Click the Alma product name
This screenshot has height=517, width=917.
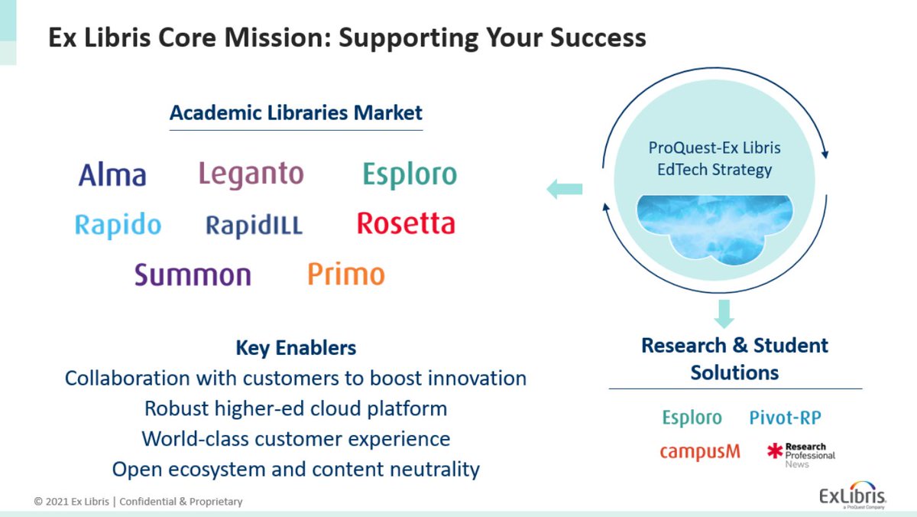click(x=112, y=175)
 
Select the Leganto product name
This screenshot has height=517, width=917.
click(x=251, y=174)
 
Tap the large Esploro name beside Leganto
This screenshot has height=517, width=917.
click(x=410, y=174)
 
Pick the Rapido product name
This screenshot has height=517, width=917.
click(x=118, y=225)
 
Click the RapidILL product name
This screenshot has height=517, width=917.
click(x=254, y=225)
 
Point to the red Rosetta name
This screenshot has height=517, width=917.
click(x=406, y=223)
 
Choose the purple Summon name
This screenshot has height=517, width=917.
click(x=193, y=275)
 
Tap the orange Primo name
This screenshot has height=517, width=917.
click(x=346, y=274)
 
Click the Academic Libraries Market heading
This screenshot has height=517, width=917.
click(x=296, y=113)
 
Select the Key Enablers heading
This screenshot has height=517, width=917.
click(x=296, y=348)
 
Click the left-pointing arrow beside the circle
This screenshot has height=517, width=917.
click(x=564, y=190)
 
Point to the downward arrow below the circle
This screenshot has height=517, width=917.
click(x=724, y=313)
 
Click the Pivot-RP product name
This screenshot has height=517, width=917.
click(x=785, y=418)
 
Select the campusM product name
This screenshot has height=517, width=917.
click(x=699, y=451)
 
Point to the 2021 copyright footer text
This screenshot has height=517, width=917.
click(x=138, y=502)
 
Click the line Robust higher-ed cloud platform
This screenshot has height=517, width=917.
click(x=296, y=408)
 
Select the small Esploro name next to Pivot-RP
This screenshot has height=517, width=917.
click(x=692, y=418)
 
